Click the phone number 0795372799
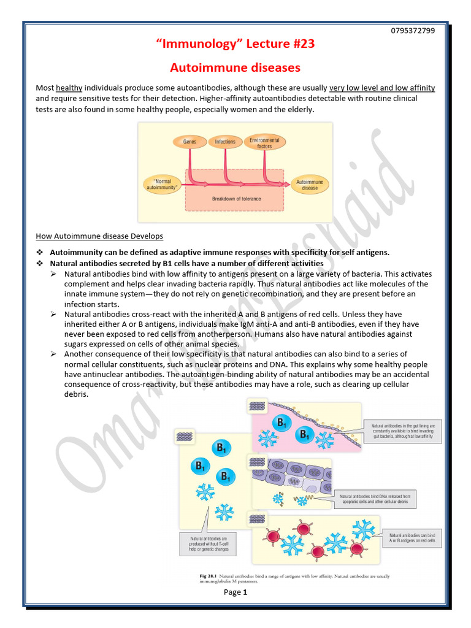pyautogui.click(x=412, y=31)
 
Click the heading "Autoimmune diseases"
pyautogui.click(x=235, y=67)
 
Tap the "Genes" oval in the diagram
pyautogui.click(x=190, y=142)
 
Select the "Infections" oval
pyautogui.click(x=225, y=142)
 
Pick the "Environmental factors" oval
pyautogui.click(x=264, y=143)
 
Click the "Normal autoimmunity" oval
pyautogui.click(x=163, y=184)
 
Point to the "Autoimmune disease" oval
pyautogui.click(x=310, y=185)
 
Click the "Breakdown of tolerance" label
pyautogui.click(x=236, y=199)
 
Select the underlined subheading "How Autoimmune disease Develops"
pyautogui.click(x=99, y=236)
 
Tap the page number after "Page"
pyautogui.click(x=245, y=592)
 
